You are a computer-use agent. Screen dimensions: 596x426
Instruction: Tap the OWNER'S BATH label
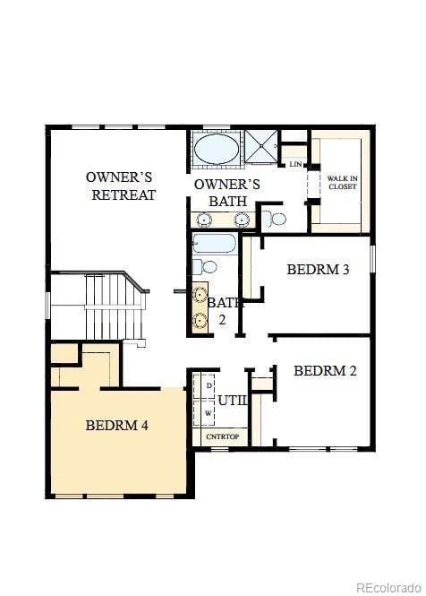(226, 193)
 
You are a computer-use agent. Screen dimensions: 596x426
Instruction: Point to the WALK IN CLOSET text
(342, 182)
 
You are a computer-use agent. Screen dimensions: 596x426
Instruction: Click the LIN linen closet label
(294, 164)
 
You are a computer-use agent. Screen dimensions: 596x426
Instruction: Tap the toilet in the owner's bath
(276, 218)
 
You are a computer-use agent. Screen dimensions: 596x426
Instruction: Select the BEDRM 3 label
(318, 269)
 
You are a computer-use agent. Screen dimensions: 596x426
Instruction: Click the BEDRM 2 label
(325, 370)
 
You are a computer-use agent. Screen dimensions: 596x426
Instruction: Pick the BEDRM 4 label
(117, 425)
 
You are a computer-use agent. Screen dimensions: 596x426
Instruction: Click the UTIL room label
(232, 401)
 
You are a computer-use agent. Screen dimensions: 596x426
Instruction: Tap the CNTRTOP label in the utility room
(223, 436)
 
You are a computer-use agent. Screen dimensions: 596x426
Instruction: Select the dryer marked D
(209, 384)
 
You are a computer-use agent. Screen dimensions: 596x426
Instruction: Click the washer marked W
(209, 412)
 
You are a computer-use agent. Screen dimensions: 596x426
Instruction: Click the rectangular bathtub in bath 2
(213, 244)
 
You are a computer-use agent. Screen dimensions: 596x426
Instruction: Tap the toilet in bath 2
(207, 266)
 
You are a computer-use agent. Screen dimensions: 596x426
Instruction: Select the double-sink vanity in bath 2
(199, 307)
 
